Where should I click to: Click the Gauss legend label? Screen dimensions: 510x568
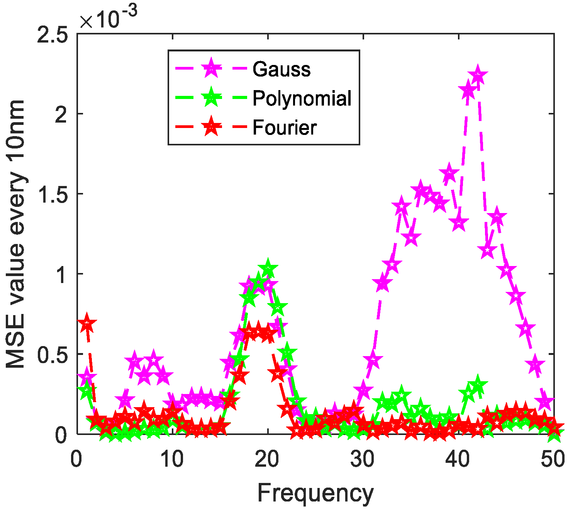(x=281, y=70)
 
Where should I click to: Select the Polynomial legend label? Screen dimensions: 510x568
(x=302, y=99)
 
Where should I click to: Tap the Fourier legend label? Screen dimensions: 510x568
(x=285, y=128)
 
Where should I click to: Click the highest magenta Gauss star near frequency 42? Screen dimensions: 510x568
(x=478, y=76)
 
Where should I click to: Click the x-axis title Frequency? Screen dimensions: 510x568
(x=315, y=493)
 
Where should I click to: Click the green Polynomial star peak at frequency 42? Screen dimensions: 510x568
(x=478, y=385)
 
